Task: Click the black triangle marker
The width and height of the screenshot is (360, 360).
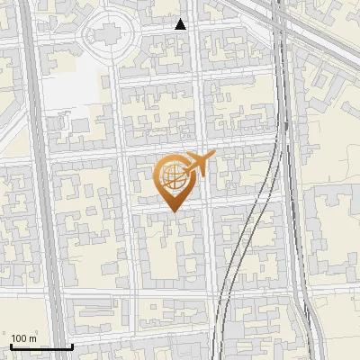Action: (x=181, y=24)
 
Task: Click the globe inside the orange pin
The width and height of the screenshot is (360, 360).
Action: (x=172, y=177)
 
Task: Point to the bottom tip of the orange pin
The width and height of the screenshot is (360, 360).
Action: (x=172, y=211)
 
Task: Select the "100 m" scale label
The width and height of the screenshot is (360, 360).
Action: (x=24, y=337)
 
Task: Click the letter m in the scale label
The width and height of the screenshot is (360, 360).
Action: (x=33, y=337)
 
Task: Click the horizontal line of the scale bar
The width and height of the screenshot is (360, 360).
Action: (x=40, y=346)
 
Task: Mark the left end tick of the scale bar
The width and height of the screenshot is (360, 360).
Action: (x=11, y=345)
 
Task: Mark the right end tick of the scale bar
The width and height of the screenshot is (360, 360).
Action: (x=71, y=345)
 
